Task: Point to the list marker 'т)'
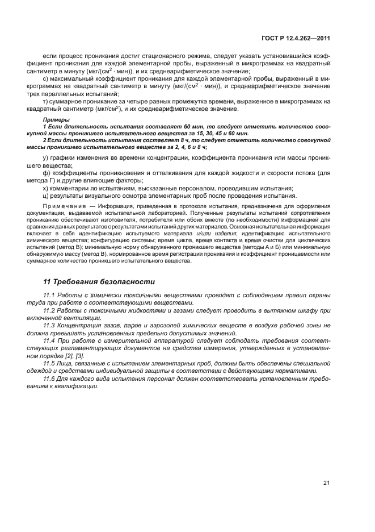tap(46, 101)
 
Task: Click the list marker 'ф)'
tap(47, 172)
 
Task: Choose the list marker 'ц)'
tap(47, 195)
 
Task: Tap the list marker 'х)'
tap(46, 188)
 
